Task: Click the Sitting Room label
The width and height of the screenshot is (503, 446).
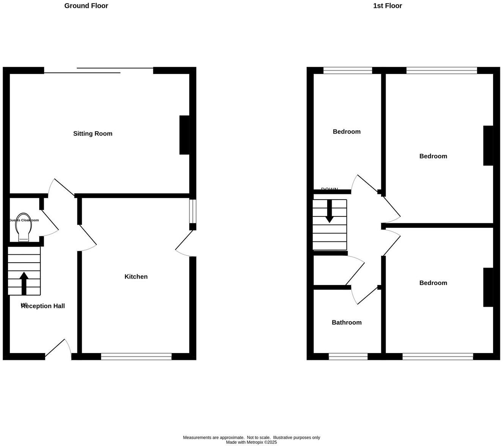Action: [93, 134]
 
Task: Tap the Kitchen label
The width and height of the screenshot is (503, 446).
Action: [136, 277]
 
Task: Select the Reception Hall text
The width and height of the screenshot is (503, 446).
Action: [43, 306]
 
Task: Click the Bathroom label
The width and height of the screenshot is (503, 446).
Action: [346, 323]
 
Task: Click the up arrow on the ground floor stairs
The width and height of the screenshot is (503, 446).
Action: [24, 283]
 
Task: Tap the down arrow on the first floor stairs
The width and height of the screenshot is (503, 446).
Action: [329, 211]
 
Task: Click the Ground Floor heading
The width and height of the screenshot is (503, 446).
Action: [86, 6]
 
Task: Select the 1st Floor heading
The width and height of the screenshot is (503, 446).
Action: [388, 6]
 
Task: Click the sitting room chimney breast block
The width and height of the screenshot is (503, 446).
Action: [184, 135]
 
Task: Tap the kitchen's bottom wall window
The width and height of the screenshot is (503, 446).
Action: [136, 356]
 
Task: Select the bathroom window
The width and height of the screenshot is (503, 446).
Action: [348, 356]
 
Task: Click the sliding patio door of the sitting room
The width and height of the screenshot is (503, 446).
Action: [99, 70]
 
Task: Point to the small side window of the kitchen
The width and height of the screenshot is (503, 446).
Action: [193, 211]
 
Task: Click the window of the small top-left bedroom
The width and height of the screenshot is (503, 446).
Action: [348, 70]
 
